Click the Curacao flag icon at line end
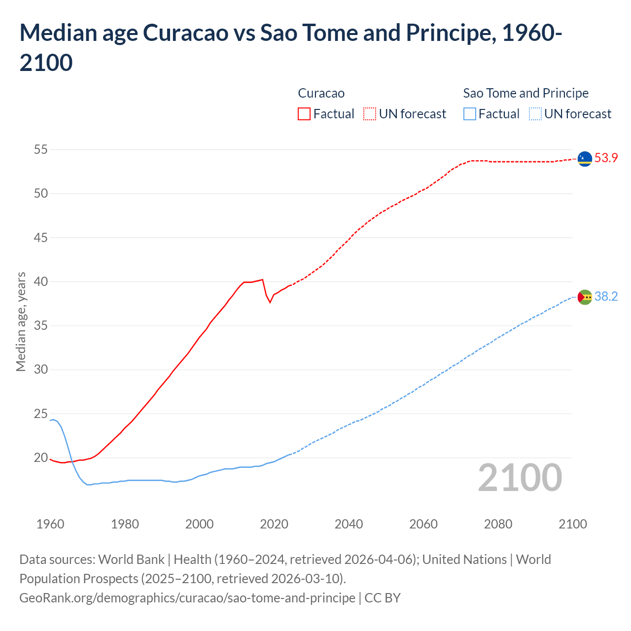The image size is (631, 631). point(585,159)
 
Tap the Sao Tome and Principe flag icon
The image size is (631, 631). point(585,297)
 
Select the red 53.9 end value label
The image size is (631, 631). point(606,158)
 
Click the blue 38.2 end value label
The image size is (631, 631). point(606,297)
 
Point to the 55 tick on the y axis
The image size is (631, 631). point(41,149)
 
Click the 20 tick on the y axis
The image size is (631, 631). point(41,458)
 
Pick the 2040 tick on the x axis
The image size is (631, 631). point(349,524)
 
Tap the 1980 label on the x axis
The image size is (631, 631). point(125,524)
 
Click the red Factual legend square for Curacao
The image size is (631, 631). point(304,114)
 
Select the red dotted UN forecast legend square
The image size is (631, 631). point(370,114)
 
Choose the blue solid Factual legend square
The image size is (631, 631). point(470,114)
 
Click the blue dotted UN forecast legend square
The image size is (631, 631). point(535,114)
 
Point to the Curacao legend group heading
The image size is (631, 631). point(321,93)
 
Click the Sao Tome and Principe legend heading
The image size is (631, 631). point(526,93)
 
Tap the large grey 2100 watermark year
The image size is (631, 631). point(520,477)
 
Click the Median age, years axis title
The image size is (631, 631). point(21,321)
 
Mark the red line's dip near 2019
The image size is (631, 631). point(270,302)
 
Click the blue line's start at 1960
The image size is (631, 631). point(50,420)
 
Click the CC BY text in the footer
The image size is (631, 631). point(383,598)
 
